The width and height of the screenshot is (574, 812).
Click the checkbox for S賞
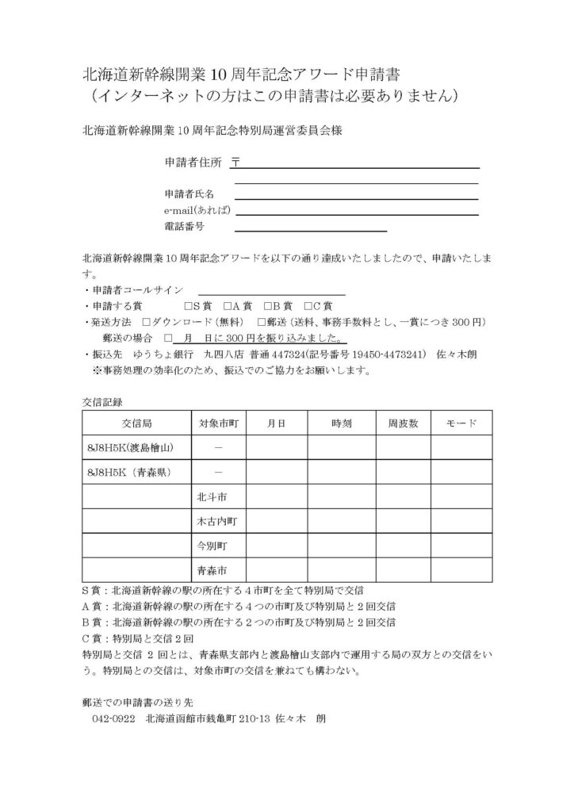[187, 306]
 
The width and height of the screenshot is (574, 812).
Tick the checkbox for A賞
[227, 306]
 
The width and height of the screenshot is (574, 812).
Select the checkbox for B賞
[267, 306]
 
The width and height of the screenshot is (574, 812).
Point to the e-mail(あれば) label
[197, 211]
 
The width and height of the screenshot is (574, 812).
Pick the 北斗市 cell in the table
[212, 496]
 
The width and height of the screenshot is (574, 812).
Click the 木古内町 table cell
[217, 521]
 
